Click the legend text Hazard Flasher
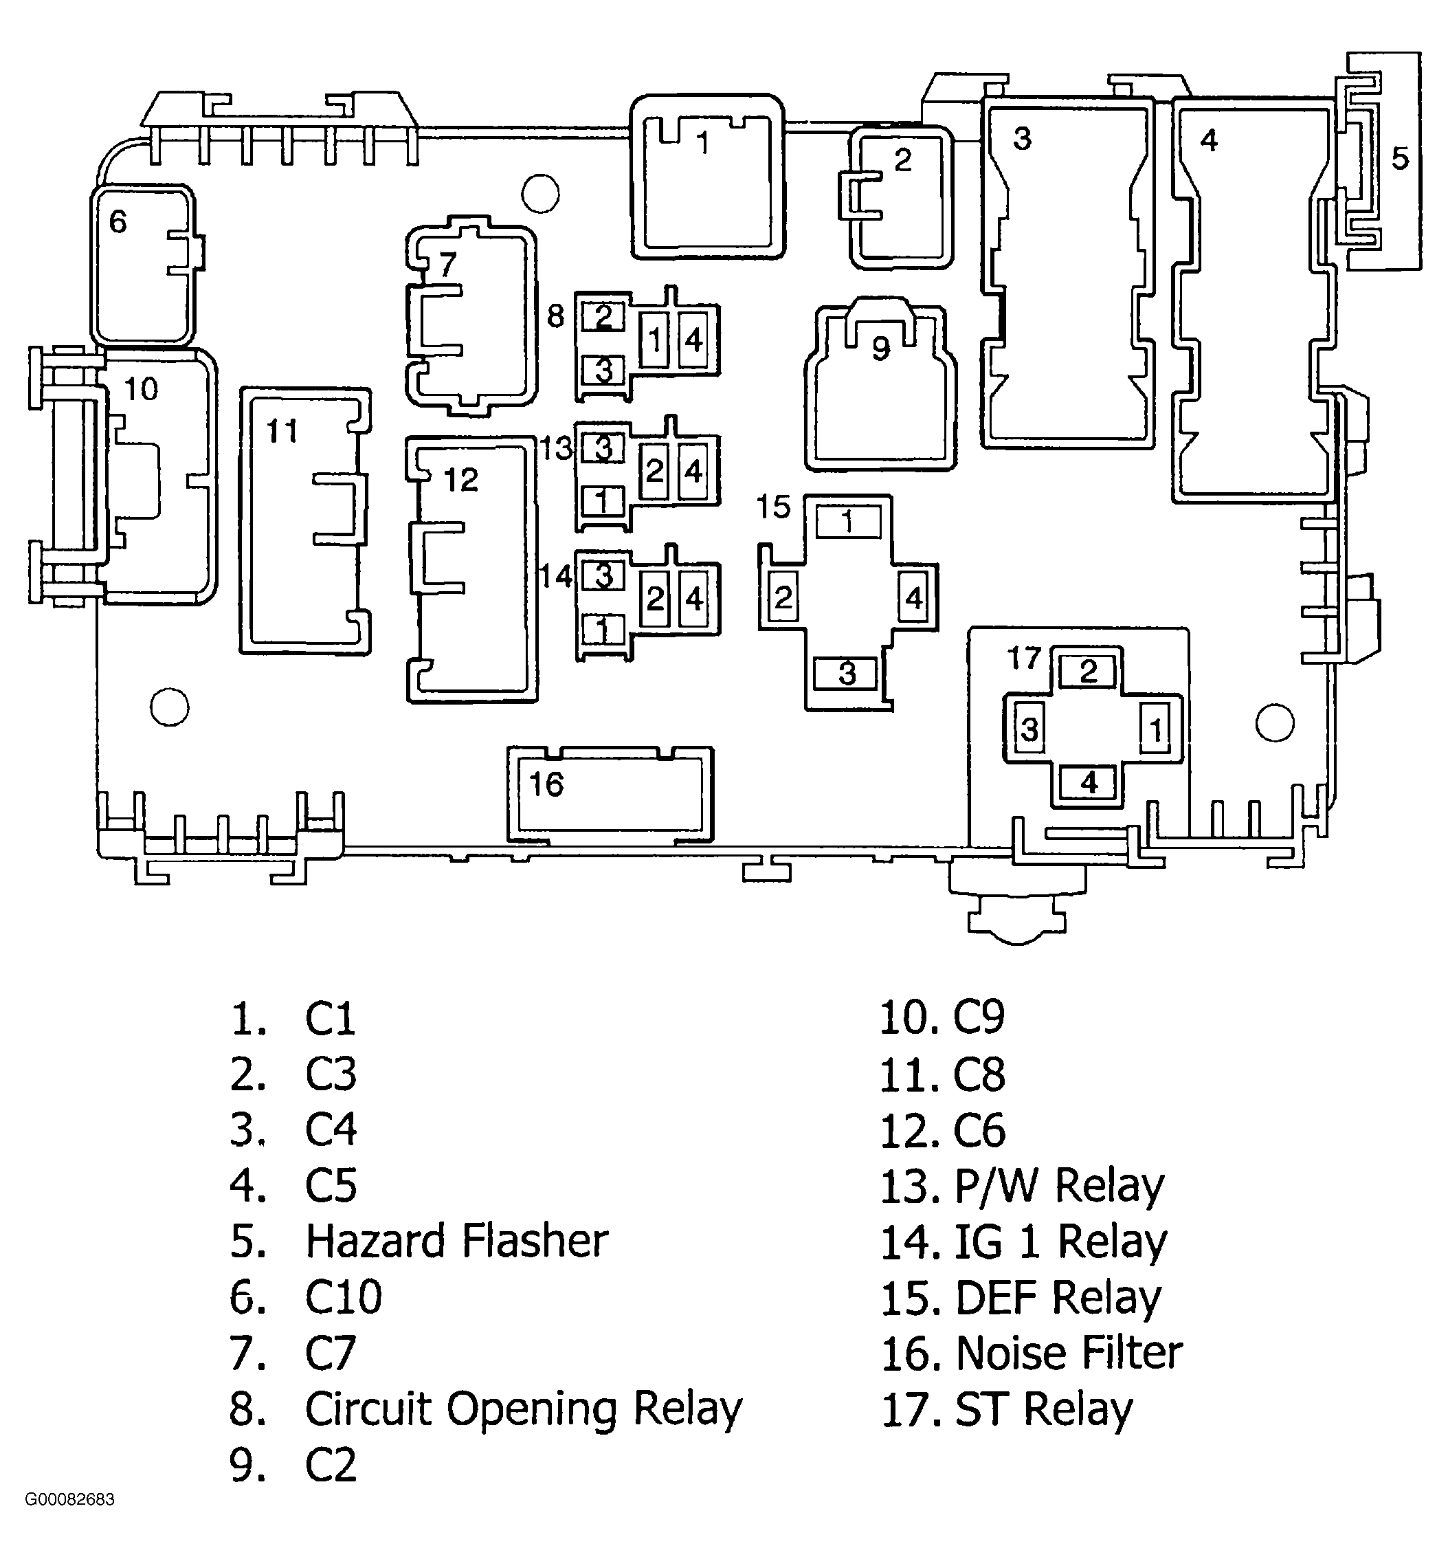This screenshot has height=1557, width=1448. [x=456, y=1241]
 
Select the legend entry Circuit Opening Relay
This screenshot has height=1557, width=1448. [x=522, y=1409]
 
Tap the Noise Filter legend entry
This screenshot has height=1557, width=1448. [x=1068, y=1354]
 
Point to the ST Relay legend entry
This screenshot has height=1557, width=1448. [x=1043, y=1409]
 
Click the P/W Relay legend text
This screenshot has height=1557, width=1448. [x=1059, y=1186]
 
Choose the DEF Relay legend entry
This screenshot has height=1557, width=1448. [x=1057, y=1298]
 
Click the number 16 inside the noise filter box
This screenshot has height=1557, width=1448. [x=546, y=784]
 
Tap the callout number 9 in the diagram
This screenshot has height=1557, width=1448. [x=881, y=349]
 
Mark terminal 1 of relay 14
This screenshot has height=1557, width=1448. [x=603, y=629]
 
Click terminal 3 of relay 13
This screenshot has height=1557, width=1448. [x=603, y=449]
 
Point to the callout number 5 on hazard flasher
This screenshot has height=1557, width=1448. [x=1399, y=158]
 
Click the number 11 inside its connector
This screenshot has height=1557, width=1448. [x=282, y=431]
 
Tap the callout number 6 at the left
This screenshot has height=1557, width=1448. [x=118, y=221]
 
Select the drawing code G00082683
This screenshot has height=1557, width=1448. [x=69, y=1499]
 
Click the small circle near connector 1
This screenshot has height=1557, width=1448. [x=540, y=192]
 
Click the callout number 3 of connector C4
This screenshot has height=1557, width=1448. [x=1022, y=139]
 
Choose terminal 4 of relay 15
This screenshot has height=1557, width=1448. [x=914, y=598]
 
